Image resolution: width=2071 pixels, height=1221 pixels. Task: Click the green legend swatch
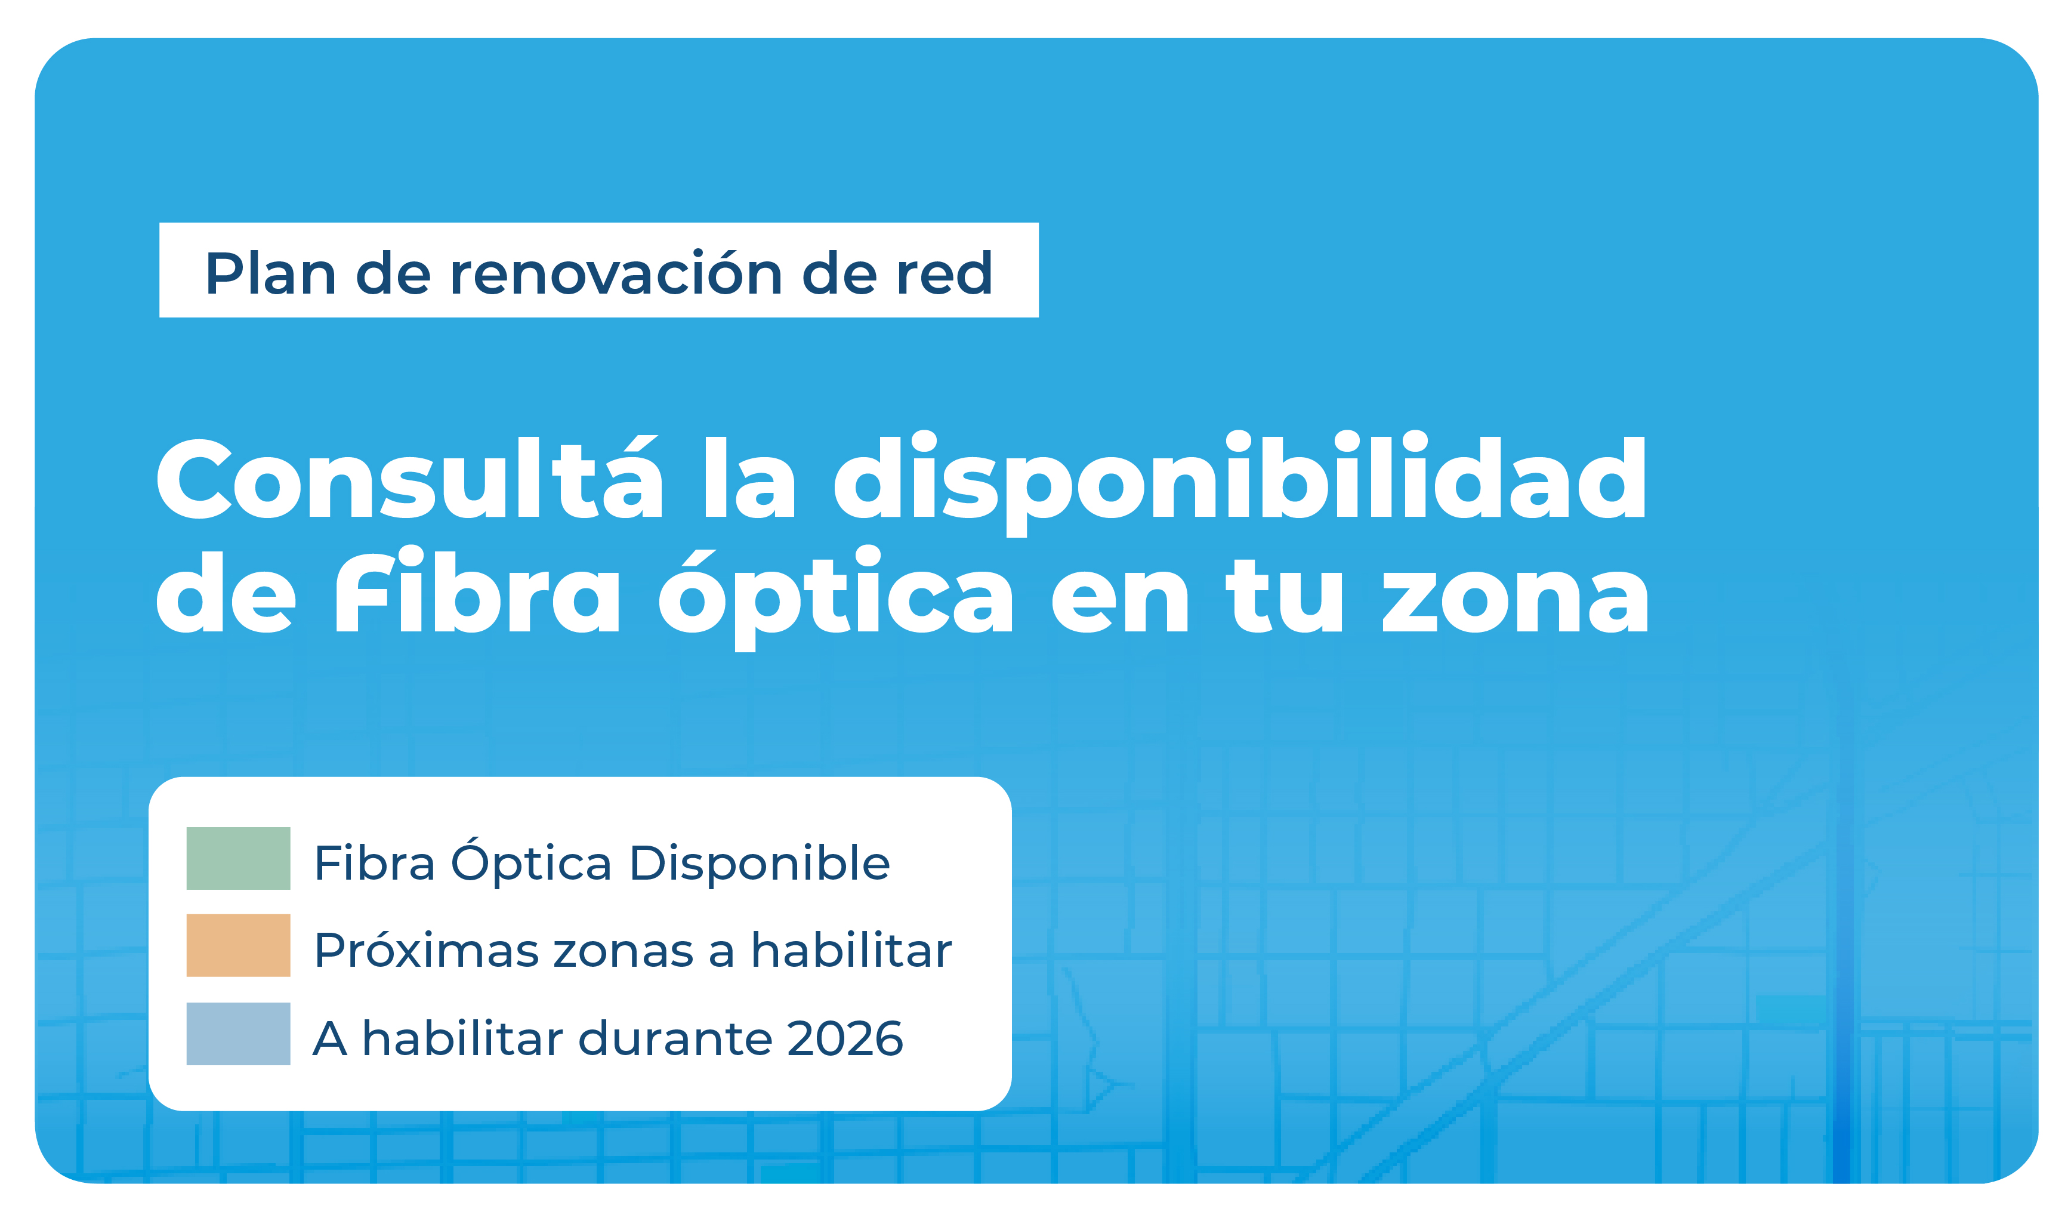point(239,858)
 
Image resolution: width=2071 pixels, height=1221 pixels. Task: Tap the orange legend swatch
point(239,945)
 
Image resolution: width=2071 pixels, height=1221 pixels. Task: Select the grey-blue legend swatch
point(239,1034)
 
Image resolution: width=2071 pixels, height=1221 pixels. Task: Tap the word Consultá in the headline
point(409,478)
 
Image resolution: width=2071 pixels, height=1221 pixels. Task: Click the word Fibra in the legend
point(374,862)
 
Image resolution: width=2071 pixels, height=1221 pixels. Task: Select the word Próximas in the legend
point(427,949)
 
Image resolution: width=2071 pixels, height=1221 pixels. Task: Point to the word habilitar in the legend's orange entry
point(851,949)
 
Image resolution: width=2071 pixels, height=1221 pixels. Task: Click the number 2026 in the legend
point(845,1038)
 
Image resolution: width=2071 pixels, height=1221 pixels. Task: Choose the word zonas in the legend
point(624,952)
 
